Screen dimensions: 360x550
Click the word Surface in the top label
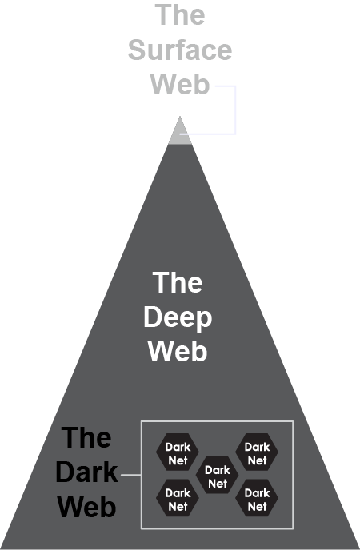[x=180, y=50]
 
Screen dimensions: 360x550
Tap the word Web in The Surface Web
[x=180, y=84]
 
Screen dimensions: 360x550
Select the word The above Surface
[x=180, y=14]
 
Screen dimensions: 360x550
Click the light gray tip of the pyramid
[x=180, y=134]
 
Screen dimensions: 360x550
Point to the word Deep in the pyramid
[x=178, y=318]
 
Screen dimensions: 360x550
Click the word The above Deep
[x=178, y=283]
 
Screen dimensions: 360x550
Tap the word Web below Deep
[x=178, y=351]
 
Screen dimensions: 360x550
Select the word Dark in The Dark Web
[x=86, y=472]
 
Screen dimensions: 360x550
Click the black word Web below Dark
[x=86, y=507]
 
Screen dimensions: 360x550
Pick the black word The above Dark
[x=86, y=437]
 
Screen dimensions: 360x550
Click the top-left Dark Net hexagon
[x=178, y=452]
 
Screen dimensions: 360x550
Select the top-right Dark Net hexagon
[x=257, y=452]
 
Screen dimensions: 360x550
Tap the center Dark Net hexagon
[x=217, y=476]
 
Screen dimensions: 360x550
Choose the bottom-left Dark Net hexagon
[x=178, y=498]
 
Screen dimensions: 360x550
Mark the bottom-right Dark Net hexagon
[x=257, y=498]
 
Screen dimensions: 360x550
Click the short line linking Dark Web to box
[x=131, y=475]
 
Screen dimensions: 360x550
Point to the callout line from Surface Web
[x=235, y=110]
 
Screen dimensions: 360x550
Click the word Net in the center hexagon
[x=218, y=484]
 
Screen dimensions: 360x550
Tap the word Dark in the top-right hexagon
[x=257, y=447]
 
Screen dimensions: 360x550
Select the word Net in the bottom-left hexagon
[x=178, y=507]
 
